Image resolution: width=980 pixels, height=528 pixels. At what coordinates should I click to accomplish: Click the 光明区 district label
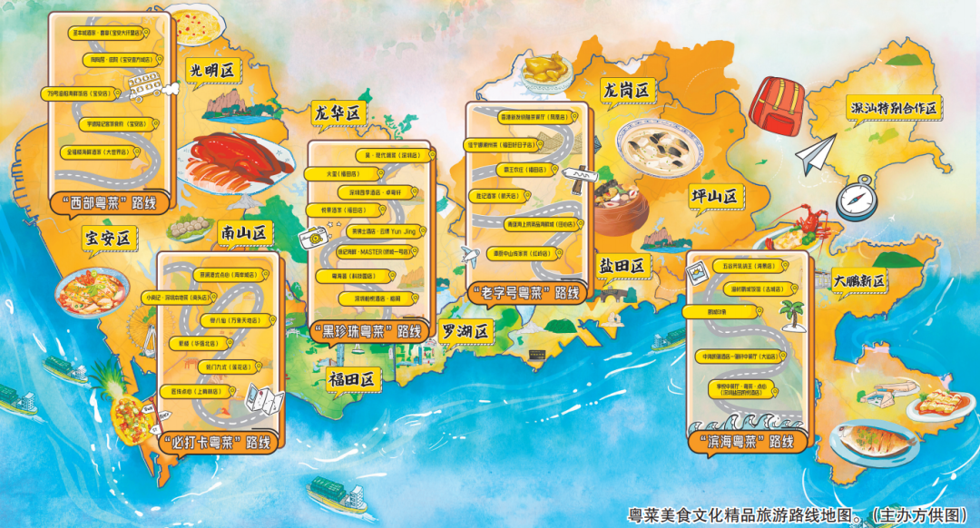(211, 70)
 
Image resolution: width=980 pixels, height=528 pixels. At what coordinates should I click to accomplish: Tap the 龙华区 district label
(337, 113)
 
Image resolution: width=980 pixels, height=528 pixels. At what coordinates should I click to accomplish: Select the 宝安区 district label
(108, 239)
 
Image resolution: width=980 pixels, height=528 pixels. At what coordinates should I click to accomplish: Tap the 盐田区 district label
(621, 266)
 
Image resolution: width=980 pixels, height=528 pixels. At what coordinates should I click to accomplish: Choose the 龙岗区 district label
(628, 90)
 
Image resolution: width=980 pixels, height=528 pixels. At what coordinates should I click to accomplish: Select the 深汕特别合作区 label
(893, 108)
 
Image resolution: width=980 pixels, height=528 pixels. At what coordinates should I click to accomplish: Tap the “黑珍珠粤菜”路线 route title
(366, 331)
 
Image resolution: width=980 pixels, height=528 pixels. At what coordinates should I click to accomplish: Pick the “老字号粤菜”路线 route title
(525, 293)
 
